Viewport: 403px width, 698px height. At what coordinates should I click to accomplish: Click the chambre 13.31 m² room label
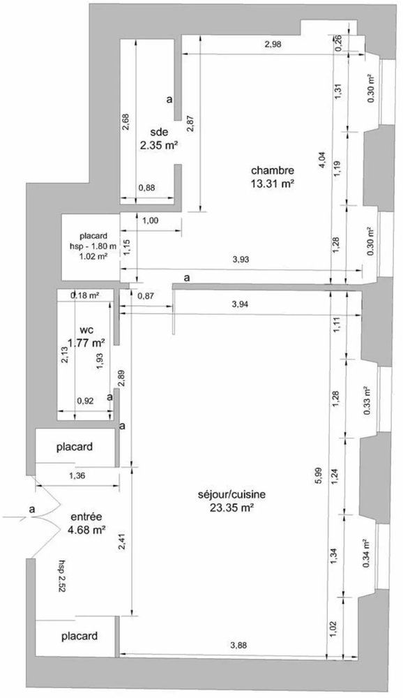(x=273, y=177)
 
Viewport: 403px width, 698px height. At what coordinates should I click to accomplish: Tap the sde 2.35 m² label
(x=159, y=138)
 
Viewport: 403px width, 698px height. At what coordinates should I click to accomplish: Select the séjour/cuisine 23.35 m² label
(x=231, y=500)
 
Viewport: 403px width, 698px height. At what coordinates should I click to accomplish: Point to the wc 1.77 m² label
(x=86, y=336)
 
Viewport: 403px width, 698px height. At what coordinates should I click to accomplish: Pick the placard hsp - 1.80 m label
(x=93, y=241)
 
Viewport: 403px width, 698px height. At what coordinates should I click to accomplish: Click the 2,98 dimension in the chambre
(x=273, y=44)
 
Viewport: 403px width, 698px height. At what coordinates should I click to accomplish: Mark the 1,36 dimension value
(x=77, y=476)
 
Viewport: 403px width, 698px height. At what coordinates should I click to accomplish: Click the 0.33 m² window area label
(x=367, y=400)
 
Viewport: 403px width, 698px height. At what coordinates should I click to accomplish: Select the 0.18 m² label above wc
(x=84, y=295)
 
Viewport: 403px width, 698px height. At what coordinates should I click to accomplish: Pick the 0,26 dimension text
(x=338, y=43)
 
